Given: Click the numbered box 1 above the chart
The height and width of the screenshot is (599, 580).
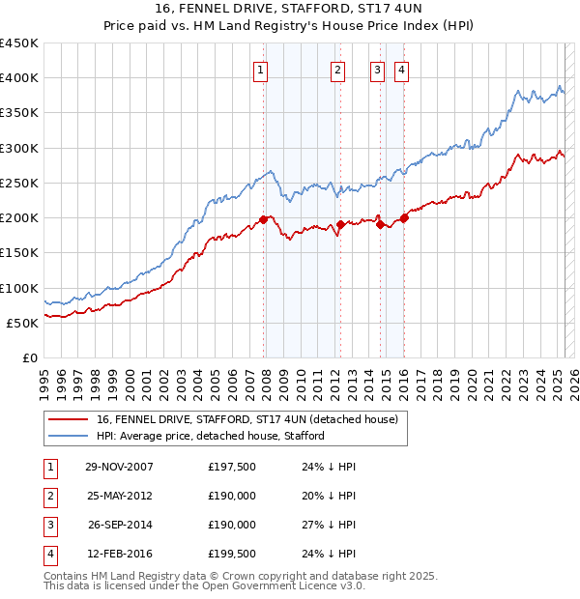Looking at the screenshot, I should (x=262, y=70).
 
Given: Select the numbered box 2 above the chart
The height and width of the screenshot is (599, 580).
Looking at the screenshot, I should (x=337, y=70).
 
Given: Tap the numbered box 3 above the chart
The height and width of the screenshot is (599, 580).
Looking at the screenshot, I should (x=376, y=70).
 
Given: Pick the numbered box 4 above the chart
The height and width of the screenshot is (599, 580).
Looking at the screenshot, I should (x=400, y=70).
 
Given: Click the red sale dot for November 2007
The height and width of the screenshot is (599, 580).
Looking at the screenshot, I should (x=263, y=219).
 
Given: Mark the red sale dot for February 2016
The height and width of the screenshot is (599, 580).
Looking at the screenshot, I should (x=404, y=217).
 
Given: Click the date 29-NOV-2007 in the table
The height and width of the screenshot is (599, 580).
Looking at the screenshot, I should (x=119, y=467).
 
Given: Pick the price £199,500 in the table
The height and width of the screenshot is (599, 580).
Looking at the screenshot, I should (x=232, y=554).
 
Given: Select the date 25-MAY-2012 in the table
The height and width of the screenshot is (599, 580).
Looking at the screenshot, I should (x=119, y=496).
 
